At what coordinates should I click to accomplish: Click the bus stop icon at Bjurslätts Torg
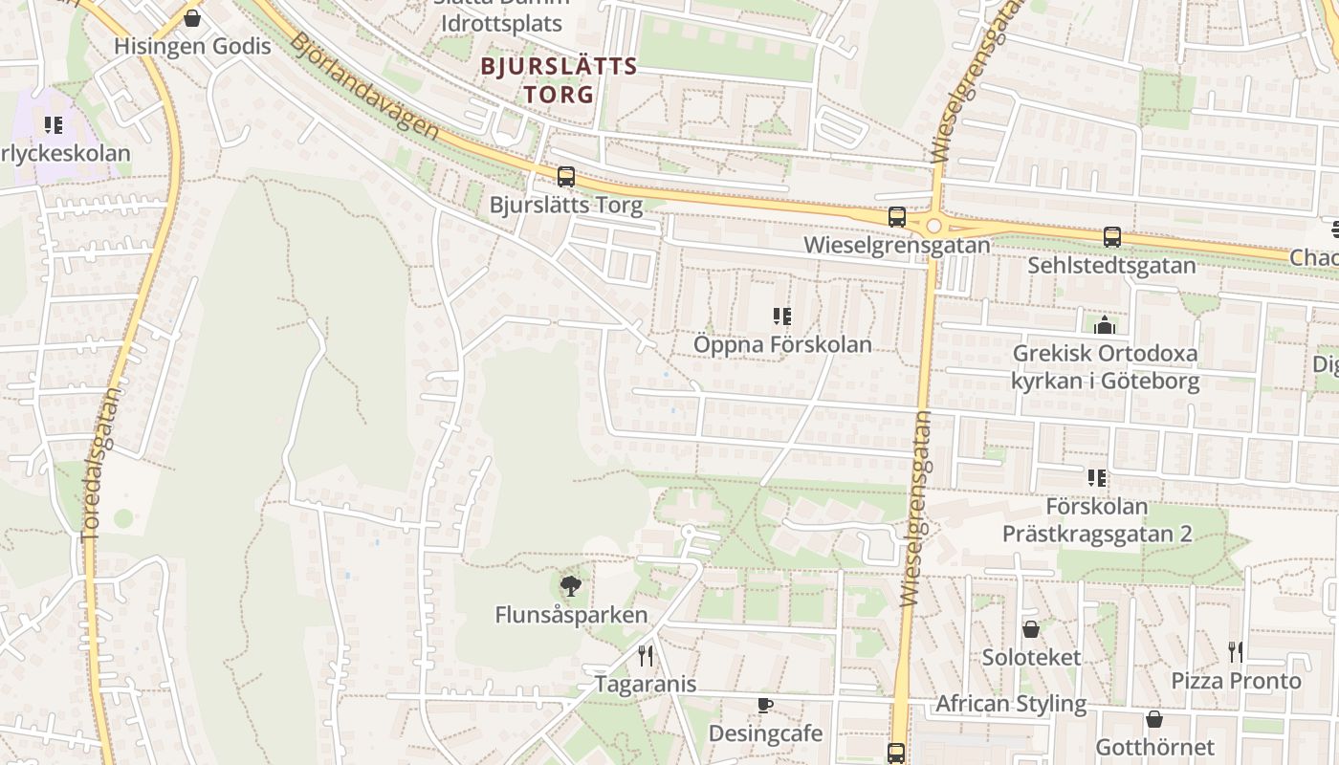tap(566, 177)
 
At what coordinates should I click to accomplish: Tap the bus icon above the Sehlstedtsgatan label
tap(1111, 237)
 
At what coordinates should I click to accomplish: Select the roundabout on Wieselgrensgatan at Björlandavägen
tap(933, 227)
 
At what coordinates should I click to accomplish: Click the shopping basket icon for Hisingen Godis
tap(192, 18)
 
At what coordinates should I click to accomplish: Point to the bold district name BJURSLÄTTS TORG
tap(559, 80)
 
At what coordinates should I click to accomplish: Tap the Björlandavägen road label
tap(364, 86)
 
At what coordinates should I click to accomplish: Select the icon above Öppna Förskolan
tap(782, 317)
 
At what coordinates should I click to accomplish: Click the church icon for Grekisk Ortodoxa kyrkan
tap(1105, 326)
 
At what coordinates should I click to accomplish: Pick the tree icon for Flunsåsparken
tap(571, 586)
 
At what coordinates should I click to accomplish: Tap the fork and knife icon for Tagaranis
tap(646, 656)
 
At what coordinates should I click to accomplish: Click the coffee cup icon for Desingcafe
tap(764, 706)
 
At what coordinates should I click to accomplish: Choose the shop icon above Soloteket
tap(1031, 629)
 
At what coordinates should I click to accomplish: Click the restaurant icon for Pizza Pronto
tap(1236, 652)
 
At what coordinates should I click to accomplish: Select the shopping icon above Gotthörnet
tap(1154, 719)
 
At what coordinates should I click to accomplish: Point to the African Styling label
tap(1011, 705)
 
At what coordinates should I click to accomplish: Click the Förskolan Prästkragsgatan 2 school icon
tap(1096, 478)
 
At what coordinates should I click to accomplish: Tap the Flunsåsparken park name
tap(571, 615)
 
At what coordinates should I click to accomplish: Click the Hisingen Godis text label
tap(192, 46)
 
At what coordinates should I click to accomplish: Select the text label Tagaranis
tap(646, 685)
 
